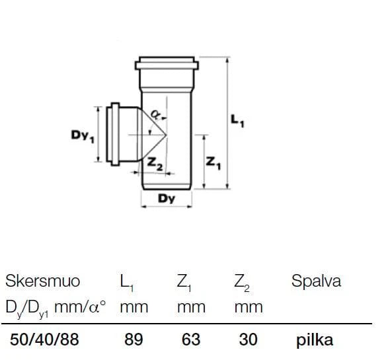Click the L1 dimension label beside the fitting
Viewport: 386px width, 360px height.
[x=237, y=121]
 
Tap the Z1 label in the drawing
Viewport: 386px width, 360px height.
[x=213, y=163]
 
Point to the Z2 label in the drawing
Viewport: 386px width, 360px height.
[x=155, y=164]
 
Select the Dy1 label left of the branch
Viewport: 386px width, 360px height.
[x=83, y=136]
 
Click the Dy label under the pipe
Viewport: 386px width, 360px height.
[x=167, y=198]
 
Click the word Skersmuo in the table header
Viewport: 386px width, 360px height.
[x=42, y=281]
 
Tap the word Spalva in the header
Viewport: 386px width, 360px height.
[x=317, y=281]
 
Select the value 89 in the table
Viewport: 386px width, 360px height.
[x=134, y=339]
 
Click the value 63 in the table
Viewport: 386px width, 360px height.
[x=191, y=339]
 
